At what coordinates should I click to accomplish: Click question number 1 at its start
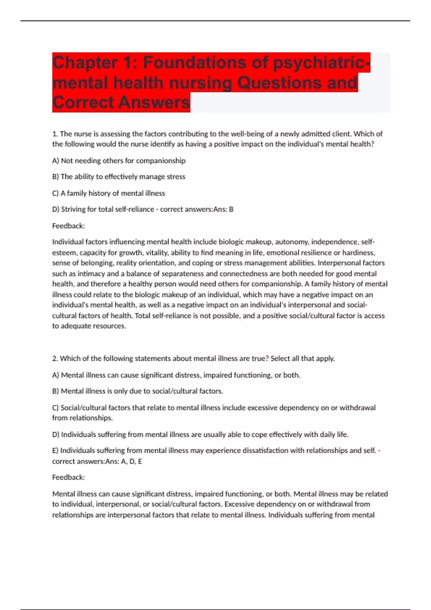pos(55,134)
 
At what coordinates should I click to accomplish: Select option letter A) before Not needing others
pos(56,161)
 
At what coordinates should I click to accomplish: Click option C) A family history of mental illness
pos(108,193)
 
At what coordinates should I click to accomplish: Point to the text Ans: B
pos(223,209)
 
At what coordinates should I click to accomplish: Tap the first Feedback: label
pos(68,226)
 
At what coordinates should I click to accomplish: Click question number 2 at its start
pos(55,358)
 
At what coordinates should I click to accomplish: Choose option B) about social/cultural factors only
pos(138,391)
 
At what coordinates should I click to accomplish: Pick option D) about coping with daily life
pos(200,435)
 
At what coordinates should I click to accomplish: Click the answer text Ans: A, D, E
pos(124,461)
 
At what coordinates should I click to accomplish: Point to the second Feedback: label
pos(68,477)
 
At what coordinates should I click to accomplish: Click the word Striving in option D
pos(73,209)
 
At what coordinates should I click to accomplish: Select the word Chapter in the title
pos(85,63)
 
